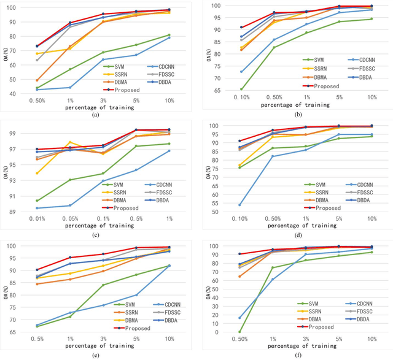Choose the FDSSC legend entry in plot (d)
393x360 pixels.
pos(362,193)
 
